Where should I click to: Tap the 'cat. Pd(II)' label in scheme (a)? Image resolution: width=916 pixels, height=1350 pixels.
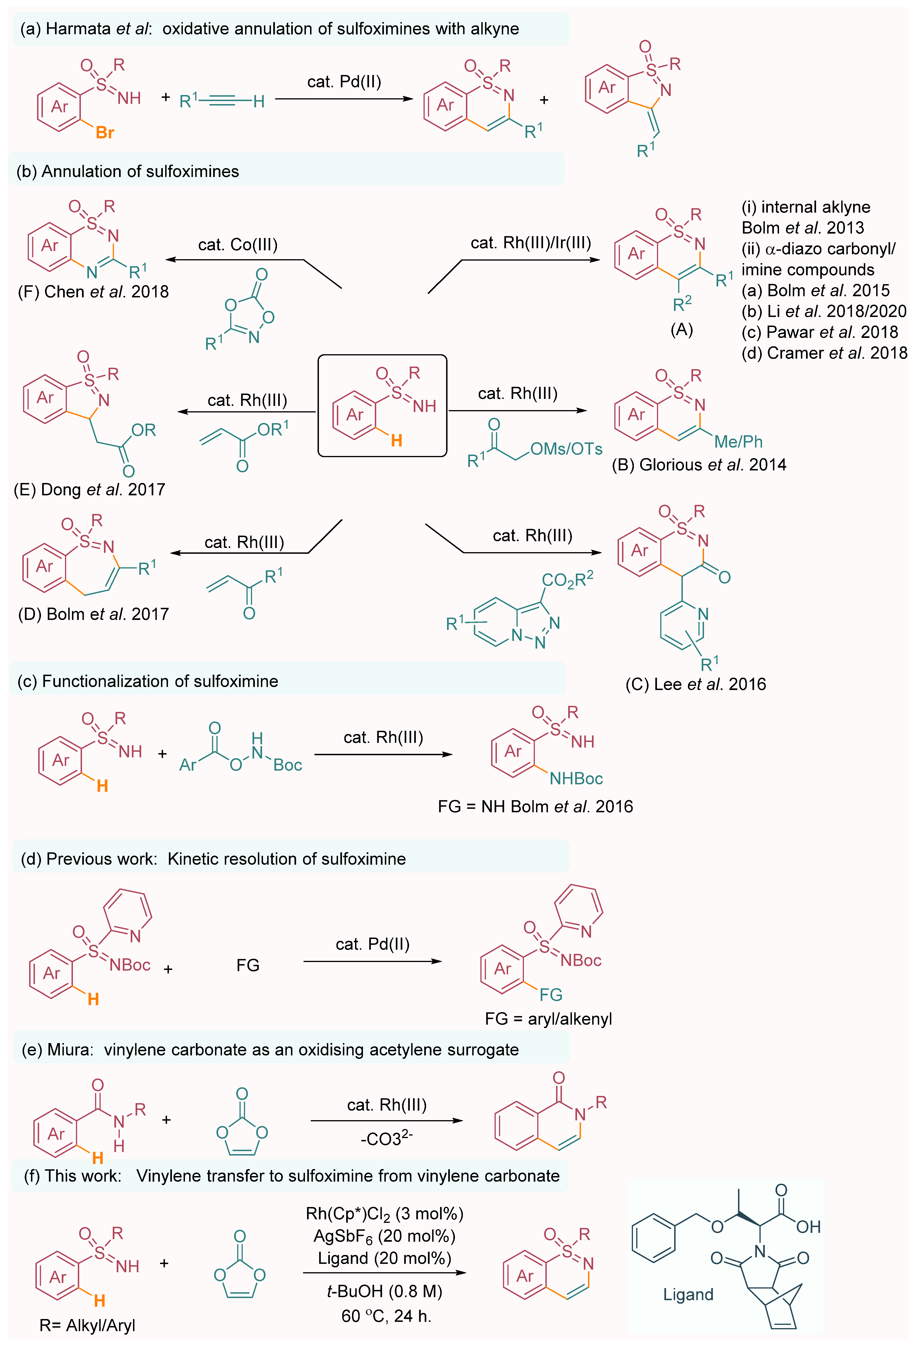click(344, 82)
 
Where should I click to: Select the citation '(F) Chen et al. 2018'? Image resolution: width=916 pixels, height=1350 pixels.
click(93, 292)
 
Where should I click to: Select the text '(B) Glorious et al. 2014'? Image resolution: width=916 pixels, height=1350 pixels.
click(699, 465)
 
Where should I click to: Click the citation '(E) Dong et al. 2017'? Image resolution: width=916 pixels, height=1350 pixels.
click(89, 490)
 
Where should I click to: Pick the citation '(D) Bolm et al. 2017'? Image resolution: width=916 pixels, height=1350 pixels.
click(93, 614)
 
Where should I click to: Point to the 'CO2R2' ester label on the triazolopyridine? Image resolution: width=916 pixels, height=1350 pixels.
click(567, 579)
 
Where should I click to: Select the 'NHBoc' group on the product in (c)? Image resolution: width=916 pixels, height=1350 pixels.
click(576, 779)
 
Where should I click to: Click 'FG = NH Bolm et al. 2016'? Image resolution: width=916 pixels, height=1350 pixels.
click(535, 806)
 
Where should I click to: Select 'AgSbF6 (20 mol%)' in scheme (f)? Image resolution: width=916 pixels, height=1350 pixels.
click(384, 1236)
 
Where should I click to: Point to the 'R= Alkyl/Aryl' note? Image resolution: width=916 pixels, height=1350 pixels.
click(87, 1325)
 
